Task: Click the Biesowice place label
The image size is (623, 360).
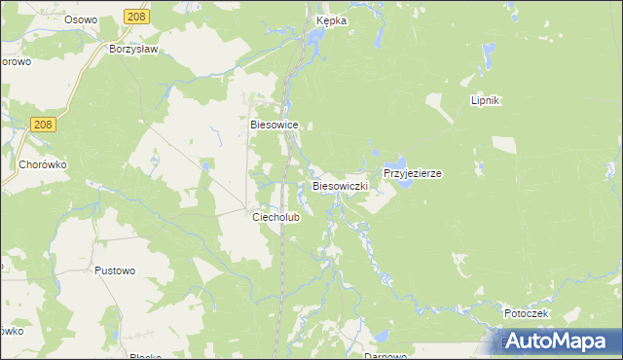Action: click(274, 126)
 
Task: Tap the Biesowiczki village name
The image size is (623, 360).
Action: click(339, 185)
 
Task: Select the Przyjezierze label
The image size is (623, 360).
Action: click(413, 173)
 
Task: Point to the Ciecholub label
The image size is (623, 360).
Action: click(276, 218)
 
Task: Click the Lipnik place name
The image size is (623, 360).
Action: click(485, 101)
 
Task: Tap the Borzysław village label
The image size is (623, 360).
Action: click(134, 48)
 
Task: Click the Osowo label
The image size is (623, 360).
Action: click(83, 19)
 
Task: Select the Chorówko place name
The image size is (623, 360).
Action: click(43, 165)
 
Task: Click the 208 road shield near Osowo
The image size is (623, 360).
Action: click(137, 17)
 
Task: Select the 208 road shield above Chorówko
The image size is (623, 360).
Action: click(41, 125)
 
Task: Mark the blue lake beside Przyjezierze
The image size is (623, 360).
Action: click(395, 162)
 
